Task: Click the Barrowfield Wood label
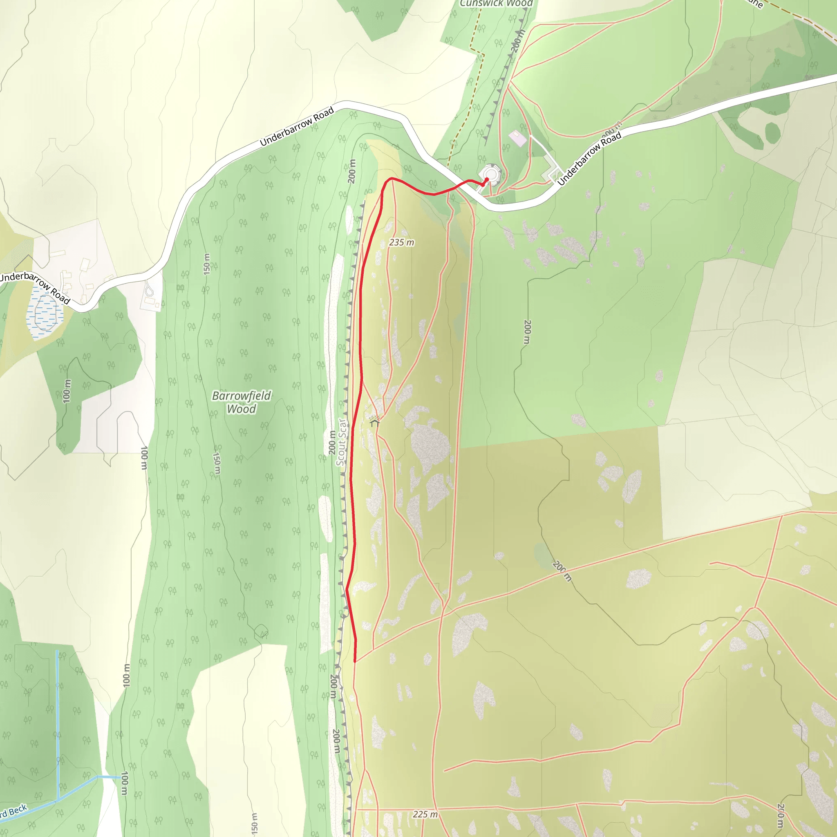(241, 402)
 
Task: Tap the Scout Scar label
(341, 442)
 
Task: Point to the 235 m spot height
(401, 243)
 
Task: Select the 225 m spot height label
(425, 815)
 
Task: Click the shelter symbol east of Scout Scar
(375, 421)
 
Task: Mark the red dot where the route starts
(487, 180)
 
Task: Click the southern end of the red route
(355, 662)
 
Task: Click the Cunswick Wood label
(496, 3)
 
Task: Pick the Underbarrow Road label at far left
(35, 287)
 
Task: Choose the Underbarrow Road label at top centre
(297, 127)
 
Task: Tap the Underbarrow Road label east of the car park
(589, 159)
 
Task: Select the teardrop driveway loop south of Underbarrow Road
(149, 288)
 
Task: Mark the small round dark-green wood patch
(772, 133)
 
